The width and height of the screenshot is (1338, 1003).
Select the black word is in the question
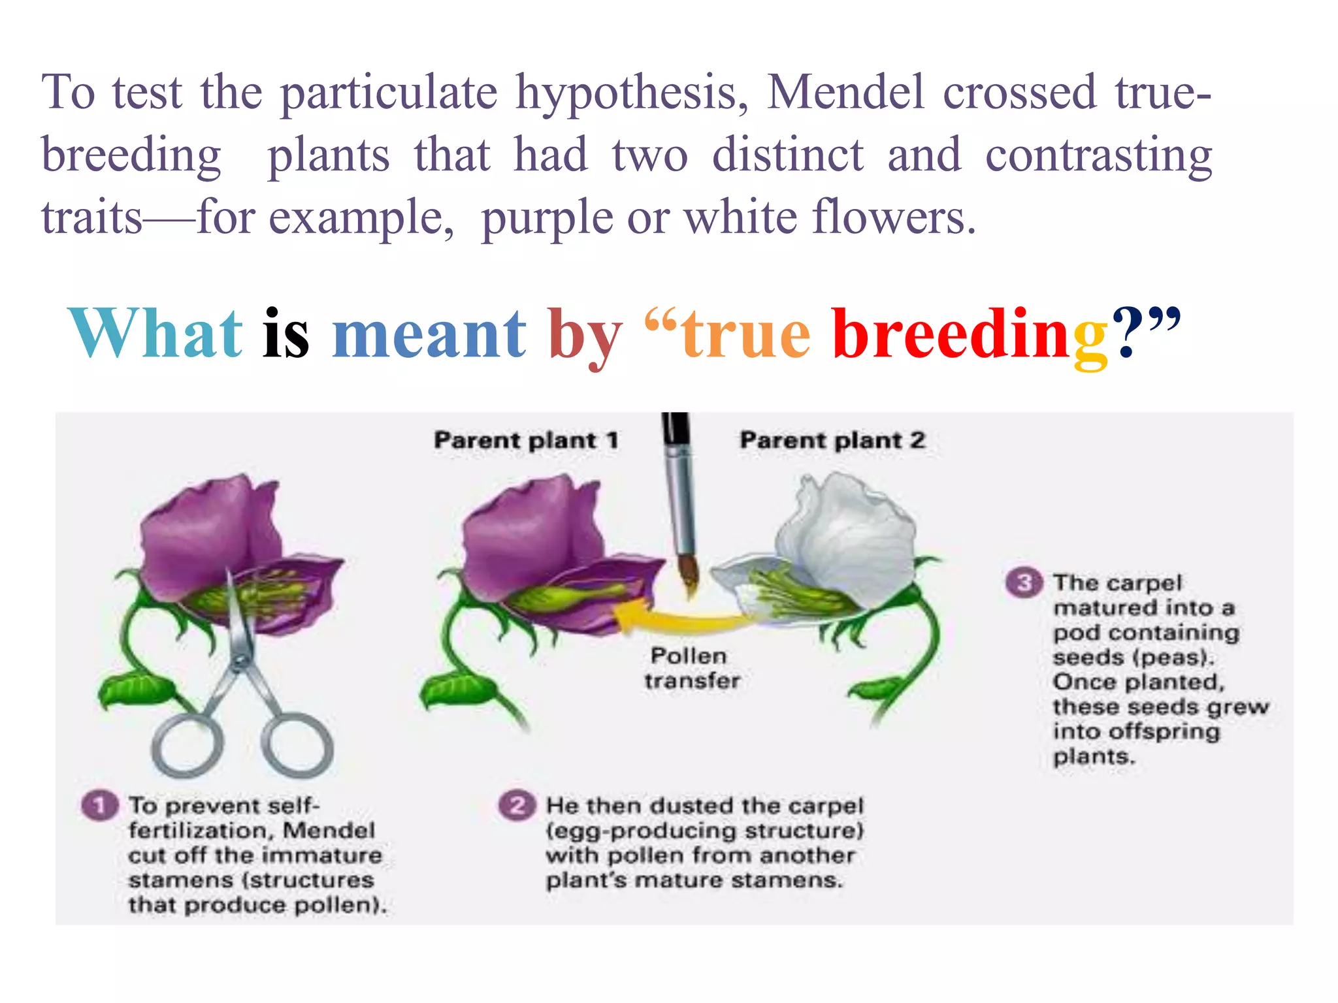pyautogui.click(x=286, y=334)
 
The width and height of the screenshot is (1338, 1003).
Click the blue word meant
pyautogui.click(x=429, y=334)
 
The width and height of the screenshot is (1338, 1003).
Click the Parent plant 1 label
pyautogui.click(x=526, y=440)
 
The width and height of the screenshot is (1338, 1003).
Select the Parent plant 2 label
pyautogui.click(x=832, y=440)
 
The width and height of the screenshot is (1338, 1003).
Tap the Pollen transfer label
pyautogui.click(x=691, y=668)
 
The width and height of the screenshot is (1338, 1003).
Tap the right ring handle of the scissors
pyautogui.click(x=297, y=745)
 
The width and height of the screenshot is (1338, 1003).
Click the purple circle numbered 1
pyautogui.click(x=99, y=805)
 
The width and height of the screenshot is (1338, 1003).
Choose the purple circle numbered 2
pyautogui.click(x=517, y=805)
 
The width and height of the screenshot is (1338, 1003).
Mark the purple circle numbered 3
pyautogui.click(x=1024, y=582)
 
